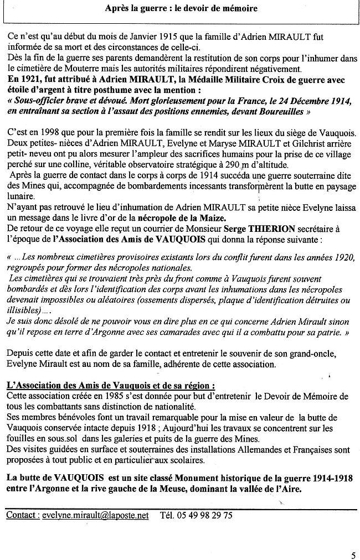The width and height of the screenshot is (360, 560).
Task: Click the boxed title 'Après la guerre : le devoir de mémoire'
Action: (181, 9)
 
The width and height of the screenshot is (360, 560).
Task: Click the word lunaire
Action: (21, 197)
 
